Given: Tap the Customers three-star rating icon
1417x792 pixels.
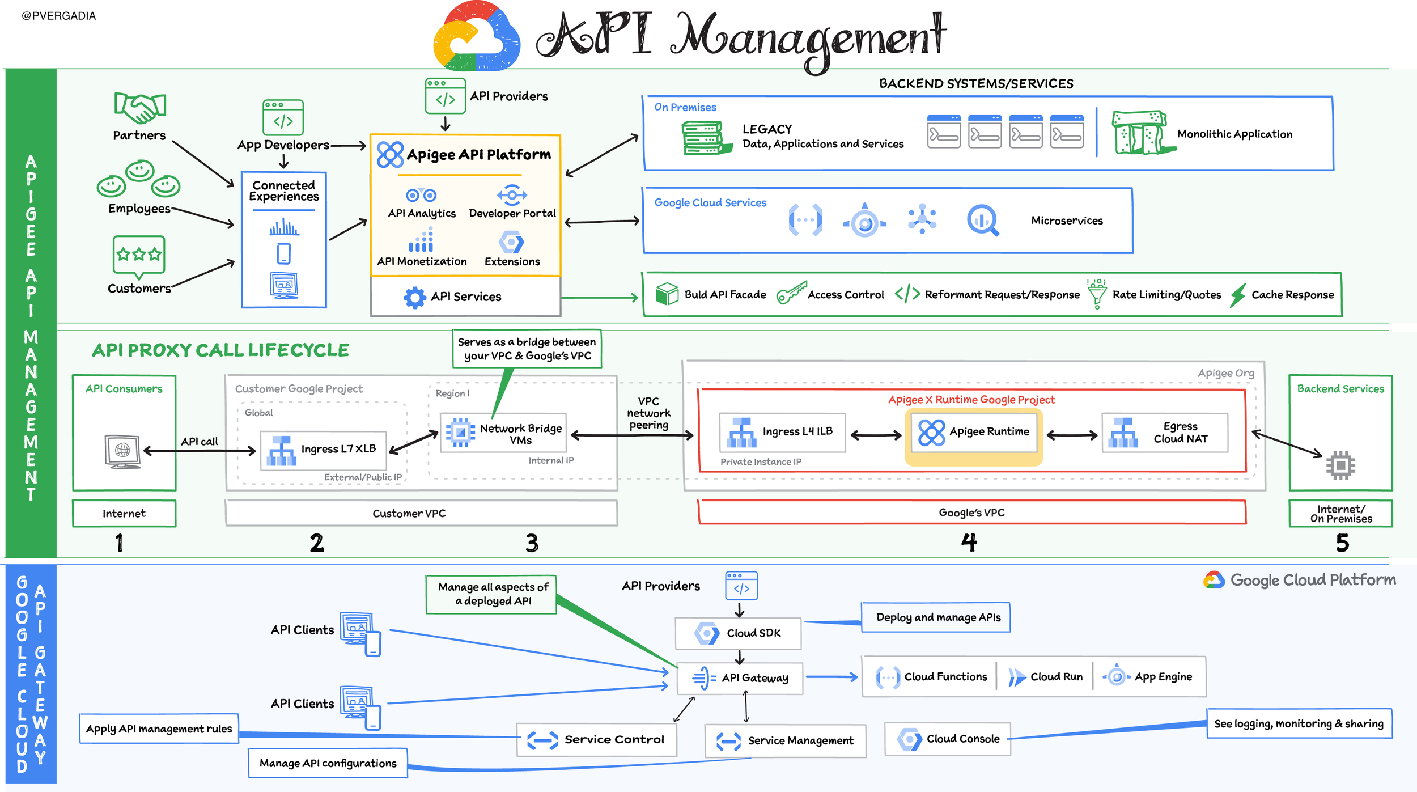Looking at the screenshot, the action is (139, 256).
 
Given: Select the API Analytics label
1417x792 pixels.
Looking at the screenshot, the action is (422, 213).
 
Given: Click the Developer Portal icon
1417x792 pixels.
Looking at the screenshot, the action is (512, 194).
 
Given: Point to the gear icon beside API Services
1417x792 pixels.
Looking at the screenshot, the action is (415, 297).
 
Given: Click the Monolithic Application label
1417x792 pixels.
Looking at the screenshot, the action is (1234, 134).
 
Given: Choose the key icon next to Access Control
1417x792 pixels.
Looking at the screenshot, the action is (791, 293).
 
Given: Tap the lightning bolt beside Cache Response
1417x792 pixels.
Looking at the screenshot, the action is (1238, 295).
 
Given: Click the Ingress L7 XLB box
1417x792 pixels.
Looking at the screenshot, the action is (323, 450).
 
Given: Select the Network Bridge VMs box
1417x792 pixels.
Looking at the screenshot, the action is (503, 433).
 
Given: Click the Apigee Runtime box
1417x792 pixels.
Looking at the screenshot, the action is (973, 432).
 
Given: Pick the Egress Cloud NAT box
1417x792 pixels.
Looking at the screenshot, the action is (1165, 433).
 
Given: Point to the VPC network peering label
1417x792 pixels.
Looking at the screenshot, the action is (648, 413).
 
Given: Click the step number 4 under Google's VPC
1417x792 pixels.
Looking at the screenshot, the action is (969, 543).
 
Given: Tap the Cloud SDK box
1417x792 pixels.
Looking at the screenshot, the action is (738, 633).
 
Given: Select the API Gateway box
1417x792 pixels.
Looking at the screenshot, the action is (740, 678).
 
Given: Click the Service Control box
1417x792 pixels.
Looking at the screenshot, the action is (597, 740).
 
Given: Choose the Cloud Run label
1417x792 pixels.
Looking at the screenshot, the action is (1057, 677).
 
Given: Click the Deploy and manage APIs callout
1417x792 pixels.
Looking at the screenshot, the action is (936, 617).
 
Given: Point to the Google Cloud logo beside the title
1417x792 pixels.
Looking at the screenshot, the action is (477, 37).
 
